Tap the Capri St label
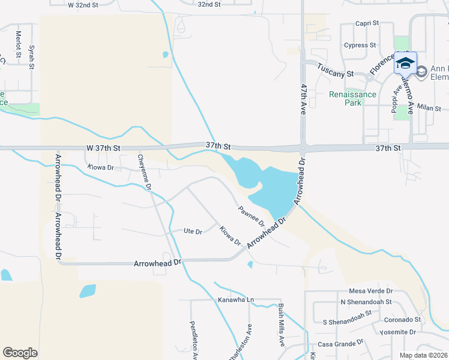tap(367, 23)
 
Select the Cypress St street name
tap(360, 45)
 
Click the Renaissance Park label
tap(353, 98)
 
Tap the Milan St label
tap(429, 109)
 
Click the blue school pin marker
tap(405, 62)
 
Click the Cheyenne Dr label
tap(144, 172)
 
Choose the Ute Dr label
tap(192, 230)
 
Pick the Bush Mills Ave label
tap(281, 325)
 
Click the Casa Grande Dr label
tap(340, 344)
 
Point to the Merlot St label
tap(19, 45)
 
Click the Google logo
tap(20, 352)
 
